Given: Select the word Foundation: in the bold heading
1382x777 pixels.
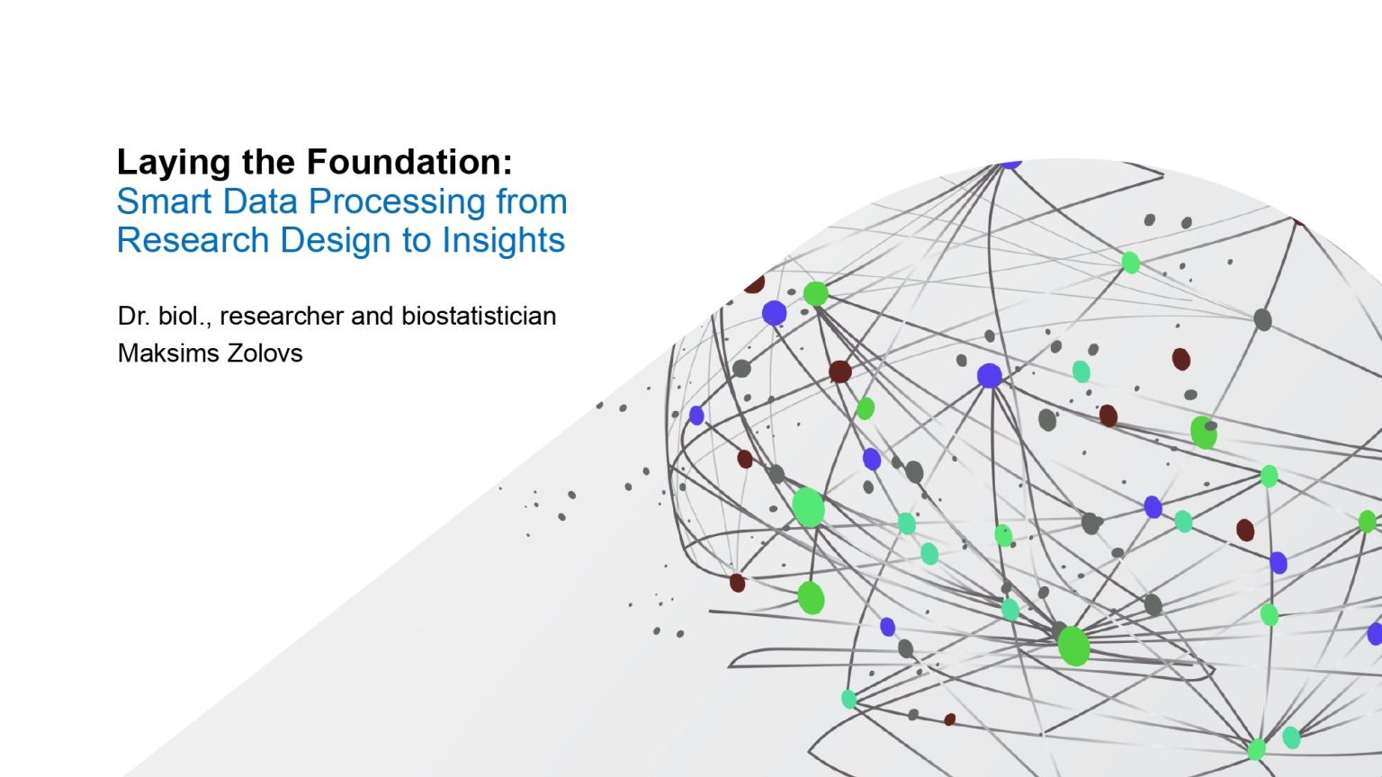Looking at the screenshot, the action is [409, 162].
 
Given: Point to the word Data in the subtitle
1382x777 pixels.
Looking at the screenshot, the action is [260, 201].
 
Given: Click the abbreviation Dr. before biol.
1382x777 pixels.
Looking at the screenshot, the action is [133, 317].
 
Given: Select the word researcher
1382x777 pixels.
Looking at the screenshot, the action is [282, 317].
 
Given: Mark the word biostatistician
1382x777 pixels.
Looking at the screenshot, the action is [479, 317].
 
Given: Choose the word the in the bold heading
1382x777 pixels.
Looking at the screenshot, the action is [268, 162].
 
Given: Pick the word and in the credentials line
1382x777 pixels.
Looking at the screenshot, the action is [372, 317].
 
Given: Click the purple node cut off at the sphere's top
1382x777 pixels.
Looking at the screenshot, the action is [1010, 164].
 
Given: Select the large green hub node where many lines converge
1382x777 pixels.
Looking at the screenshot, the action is [1073, 646].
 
